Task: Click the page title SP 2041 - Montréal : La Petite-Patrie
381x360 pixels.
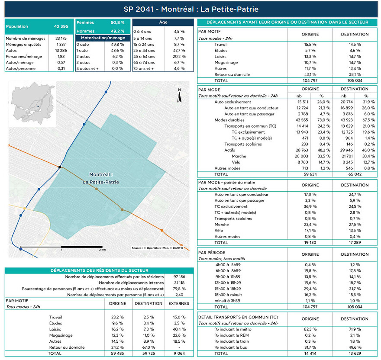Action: tap(190, 9)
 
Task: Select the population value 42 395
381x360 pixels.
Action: tap(61, 26)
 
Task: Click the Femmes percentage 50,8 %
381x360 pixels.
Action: tap(117, 22)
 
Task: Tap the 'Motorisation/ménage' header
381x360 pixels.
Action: tap(103, 38)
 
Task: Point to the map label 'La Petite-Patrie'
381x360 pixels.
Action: tap(100, 182)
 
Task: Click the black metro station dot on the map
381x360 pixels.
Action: tap(60, 167)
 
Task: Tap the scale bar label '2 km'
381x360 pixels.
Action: tap(102, 250)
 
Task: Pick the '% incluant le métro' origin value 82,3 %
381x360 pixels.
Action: tap(310, 329)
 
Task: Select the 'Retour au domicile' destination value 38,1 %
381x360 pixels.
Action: tap(354, 74)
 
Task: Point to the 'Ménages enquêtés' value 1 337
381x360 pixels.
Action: tap(61, 44)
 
